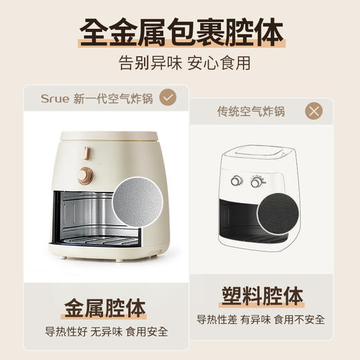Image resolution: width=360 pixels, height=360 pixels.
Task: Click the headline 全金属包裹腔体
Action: (180, 31)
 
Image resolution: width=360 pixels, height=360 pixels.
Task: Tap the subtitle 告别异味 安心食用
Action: (180, 64)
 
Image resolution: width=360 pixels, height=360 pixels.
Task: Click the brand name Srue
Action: (53, 98)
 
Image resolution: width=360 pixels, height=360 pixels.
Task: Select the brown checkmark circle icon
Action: (167, 98)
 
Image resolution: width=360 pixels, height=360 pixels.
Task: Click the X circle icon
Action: (314, 111)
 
